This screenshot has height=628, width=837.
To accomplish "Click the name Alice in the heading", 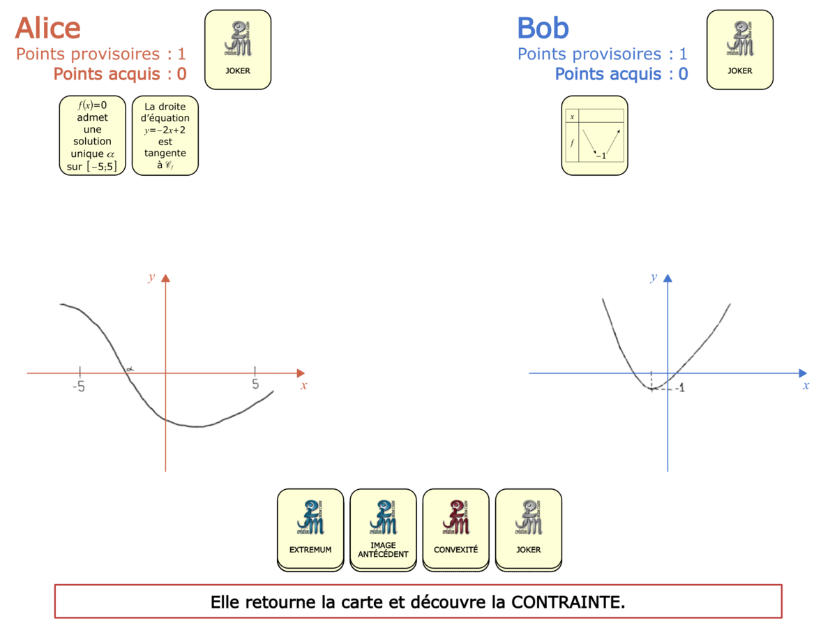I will click(47, 28).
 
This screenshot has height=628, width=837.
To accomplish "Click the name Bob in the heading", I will click(543, 28).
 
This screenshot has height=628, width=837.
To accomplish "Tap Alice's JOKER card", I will click(237, 50).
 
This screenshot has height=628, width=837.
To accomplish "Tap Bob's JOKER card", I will click(739, 50).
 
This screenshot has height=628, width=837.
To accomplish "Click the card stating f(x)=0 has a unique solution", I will click(92, 135).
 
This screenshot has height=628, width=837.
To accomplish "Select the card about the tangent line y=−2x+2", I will click(165, 135).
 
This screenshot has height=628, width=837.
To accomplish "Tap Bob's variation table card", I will click(594, 135).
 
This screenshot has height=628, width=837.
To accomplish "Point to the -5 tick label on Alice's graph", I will click(79, 386).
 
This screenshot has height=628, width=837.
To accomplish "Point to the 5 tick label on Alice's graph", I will click(255, 384).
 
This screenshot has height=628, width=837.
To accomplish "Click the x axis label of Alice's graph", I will click(303, 385).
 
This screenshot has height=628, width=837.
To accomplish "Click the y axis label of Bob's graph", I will click(654, 277).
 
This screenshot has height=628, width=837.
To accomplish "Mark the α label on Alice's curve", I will click(130, 368).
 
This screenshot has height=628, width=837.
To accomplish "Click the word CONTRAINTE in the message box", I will click(568, 601).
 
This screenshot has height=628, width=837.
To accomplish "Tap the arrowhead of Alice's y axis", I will click(165, 278).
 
